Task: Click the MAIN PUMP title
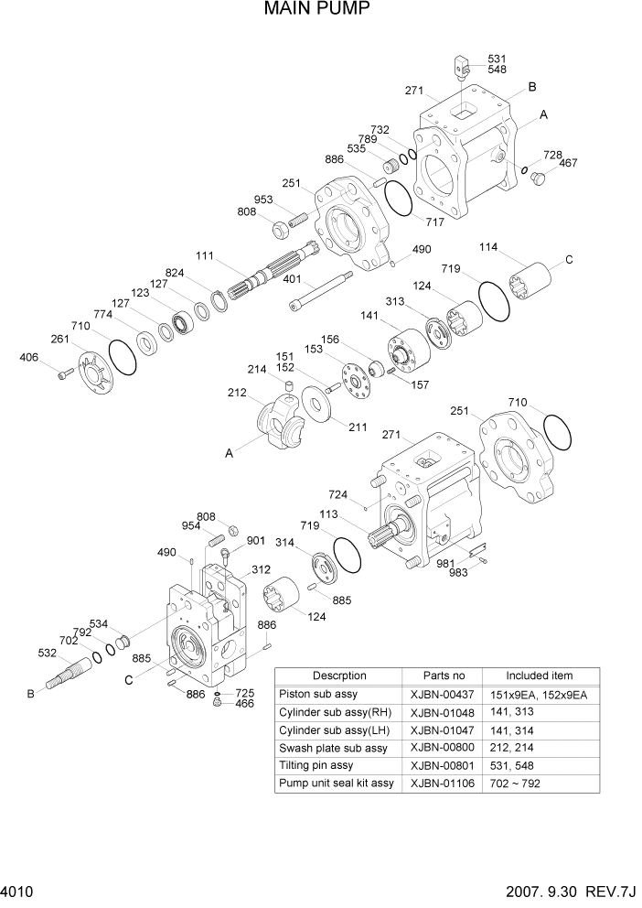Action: tap(317, 10)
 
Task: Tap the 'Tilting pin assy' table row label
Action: tap(317, 765)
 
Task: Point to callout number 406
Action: tap(30, 357)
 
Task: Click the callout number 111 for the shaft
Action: tap(206, 255)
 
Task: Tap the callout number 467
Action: tap(568, 163)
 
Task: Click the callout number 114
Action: tap(490, 247)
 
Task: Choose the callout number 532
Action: tap(48, 653)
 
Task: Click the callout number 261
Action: tap(59, 340)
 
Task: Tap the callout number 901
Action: tap(254, 539)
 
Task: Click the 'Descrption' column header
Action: tap(339, 676)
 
